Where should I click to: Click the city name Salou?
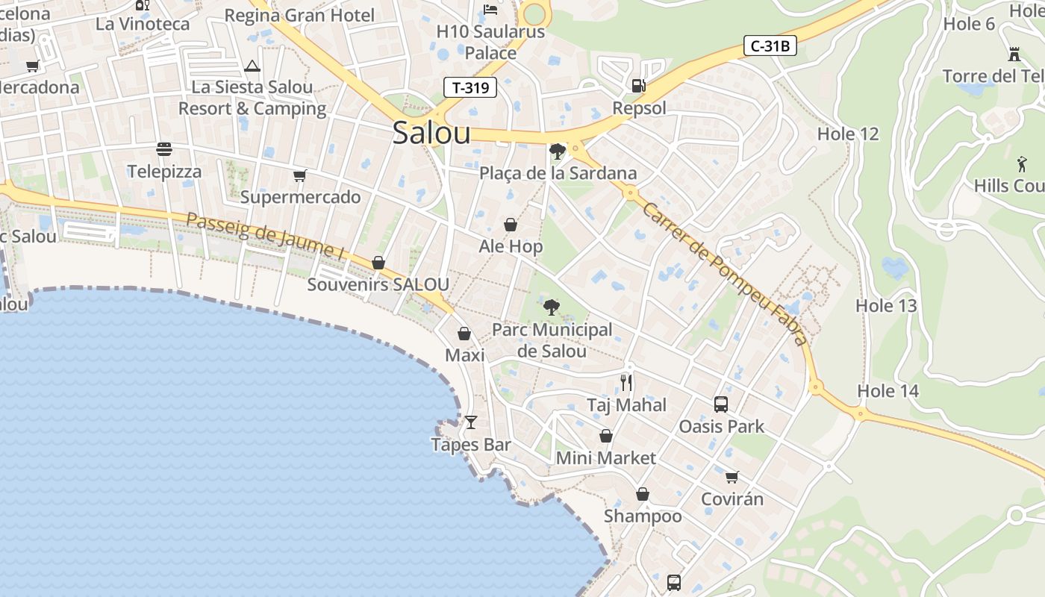(431, 133)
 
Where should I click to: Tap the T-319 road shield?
(470, 87)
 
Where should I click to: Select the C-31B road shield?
(770, 46)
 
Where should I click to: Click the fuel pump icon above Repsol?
(638, 86)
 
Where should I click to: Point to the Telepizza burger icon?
(164, 149)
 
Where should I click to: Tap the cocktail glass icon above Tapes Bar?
(470, 422)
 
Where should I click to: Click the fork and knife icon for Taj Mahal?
(626, 383)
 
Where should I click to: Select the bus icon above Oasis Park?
(721, 404)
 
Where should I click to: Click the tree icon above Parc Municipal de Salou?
(552, 307)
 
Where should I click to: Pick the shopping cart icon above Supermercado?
(300, 176)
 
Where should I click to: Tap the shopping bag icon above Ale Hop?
(511, 225)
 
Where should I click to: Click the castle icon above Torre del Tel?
(1014, 54)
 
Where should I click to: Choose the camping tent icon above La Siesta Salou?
(252, 66)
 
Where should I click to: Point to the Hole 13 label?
(886, 305)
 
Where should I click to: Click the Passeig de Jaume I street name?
(265, 237)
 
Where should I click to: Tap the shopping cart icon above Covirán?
(731, 477)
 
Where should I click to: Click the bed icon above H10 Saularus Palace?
(490, 10)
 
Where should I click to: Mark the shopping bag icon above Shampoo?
(642, 494)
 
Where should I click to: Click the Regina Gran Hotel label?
(299, 15)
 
